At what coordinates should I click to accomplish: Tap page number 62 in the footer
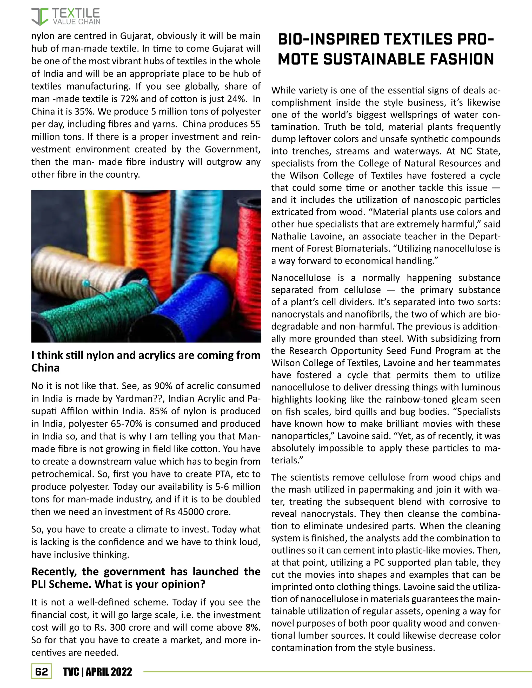coord(41,672)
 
